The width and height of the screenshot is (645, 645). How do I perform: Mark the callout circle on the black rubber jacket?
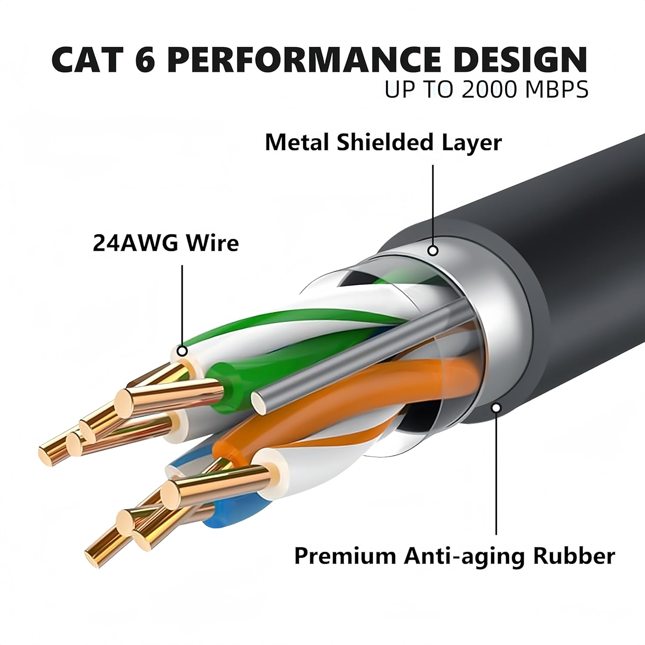click(497, 407)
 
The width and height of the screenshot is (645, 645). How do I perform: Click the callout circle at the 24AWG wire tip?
click(182, 351)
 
